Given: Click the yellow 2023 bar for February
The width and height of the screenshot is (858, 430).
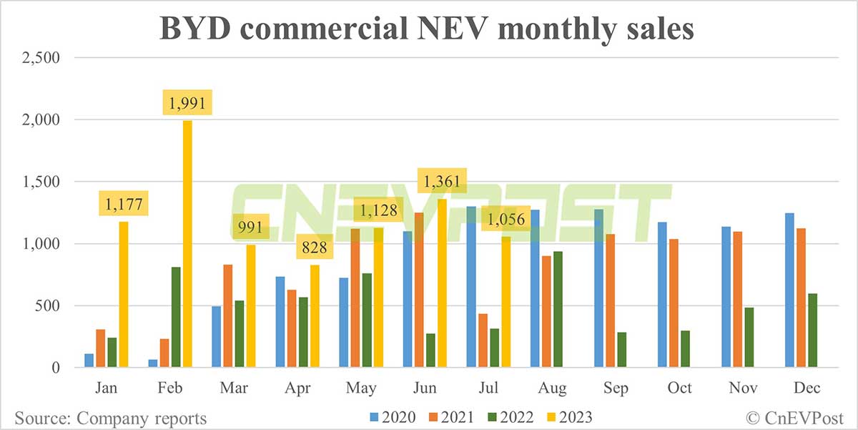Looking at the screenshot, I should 187,244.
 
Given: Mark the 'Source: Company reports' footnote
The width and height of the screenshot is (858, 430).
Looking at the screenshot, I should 109,417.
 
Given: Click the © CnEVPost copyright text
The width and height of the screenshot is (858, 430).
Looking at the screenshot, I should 794,417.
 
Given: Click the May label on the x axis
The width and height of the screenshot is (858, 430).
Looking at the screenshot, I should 360,389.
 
